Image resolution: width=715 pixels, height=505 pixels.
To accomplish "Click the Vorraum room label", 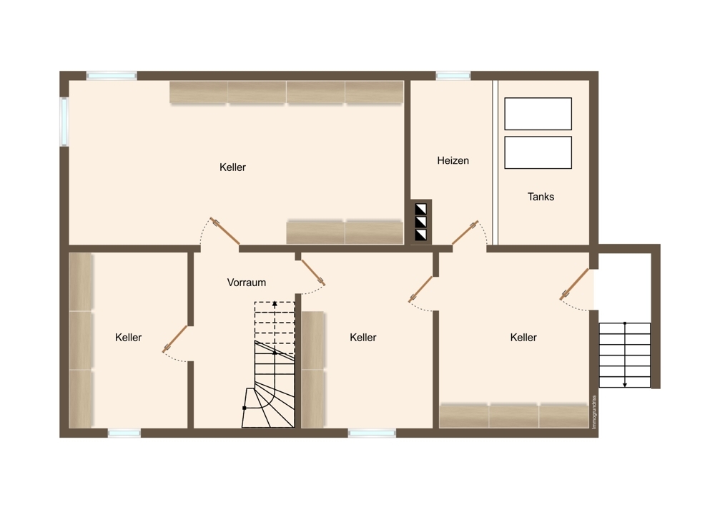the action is [246, 283].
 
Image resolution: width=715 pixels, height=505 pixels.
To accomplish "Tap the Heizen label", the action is [453, 160].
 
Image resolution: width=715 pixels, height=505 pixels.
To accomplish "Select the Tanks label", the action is [541, 197].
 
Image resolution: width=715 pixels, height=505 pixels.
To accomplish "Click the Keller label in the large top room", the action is [232, 167].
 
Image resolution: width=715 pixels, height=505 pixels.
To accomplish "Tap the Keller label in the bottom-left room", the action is [128, 338].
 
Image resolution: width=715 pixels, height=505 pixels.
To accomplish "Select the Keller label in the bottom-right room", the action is [523, 338].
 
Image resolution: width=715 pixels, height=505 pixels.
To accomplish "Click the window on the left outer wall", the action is [64, 122].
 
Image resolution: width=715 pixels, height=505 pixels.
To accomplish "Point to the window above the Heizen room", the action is [453, 76].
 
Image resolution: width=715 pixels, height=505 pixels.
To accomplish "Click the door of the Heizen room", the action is [465, 232].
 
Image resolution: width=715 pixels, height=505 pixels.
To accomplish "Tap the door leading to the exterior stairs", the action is [575, 284].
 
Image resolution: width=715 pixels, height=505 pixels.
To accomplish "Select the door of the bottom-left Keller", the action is [175, 339].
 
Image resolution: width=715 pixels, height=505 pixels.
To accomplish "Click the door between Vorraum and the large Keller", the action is [225, 231].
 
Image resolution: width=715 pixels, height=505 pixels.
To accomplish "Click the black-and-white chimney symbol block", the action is [421, 222].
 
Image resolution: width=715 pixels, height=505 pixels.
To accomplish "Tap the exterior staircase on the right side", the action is [625, 355].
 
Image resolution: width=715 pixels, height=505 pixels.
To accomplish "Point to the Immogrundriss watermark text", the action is [594, 412].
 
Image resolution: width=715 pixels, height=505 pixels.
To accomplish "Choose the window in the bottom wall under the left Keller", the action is [124, 433].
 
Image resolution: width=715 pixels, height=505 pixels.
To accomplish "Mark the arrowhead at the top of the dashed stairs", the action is [275, 303].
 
